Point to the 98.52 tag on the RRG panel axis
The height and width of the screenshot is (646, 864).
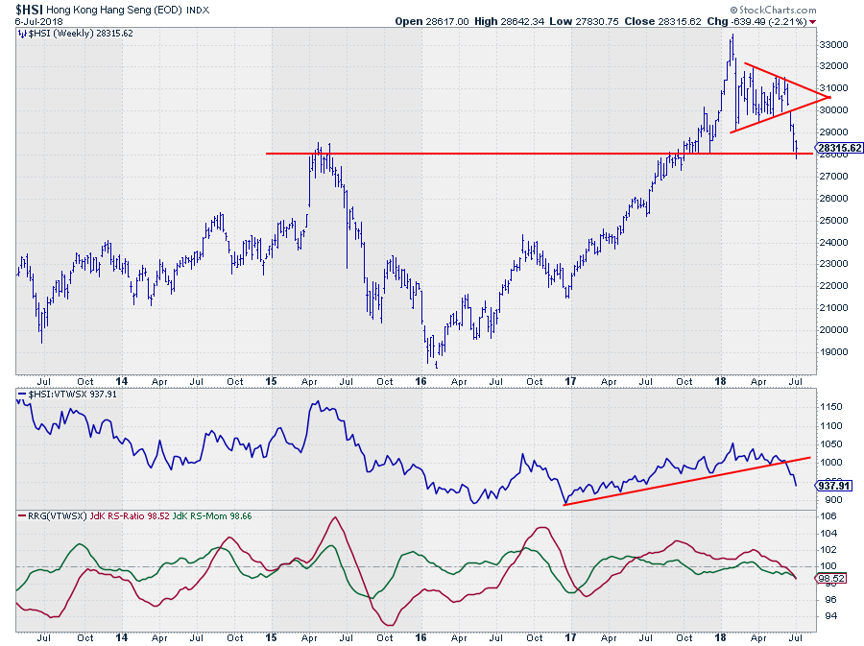point(831,578)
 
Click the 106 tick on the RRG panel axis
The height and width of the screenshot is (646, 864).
point(828,515)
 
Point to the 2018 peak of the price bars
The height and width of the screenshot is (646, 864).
point(732,36)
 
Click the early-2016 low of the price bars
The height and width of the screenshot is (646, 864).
point(436,366)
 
